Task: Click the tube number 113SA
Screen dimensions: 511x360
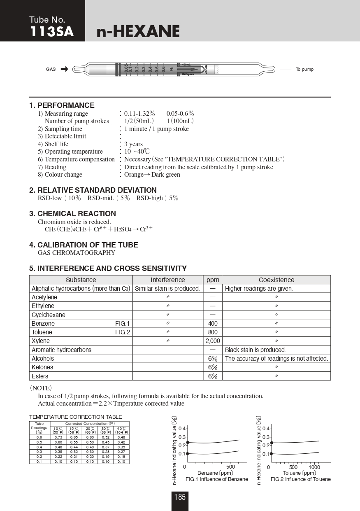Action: point(51,32)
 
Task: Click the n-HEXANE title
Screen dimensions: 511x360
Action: point(138,32)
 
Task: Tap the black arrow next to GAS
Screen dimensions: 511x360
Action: point(64,69)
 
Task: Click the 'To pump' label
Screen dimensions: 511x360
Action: point(304,69)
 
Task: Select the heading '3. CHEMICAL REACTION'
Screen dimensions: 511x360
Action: point(72,214)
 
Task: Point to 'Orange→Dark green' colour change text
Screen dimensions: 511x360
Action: point(152,175)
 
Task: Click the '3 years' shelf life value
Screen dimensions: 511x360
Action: point(134,144)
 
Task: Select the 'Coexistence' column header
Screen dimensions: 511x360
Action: point(276,280)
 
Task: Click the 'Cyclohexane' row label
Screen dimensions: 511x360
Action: point(49,315)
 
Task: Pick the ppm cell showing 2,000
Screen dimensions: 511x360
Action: point(213,341)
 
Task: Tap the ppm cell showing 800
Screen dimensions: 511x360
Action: point(213,332)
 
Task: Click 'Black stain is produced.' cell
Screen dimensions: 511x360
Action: point(255,350)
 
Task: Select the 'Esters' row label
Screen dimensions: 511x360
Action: point(40,376)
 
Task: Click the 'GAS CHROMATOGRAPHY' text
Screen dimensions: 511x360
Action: point(77,253)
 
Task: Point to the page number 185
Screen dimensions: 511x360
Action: point(180,497)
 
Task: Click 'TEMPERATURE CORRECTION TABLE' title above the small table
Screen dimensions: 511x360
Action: point(75,417)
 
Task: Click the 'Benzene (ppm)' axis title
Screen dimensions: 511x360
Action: point(215,473)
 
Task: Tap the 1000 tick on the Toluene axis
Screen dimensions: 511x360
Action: point(314,467)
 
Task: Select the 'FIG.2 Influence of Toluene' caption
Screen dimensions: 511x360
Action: point(301,479)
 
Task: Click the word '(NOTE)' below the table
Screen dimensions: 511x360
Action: point(40,388)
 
